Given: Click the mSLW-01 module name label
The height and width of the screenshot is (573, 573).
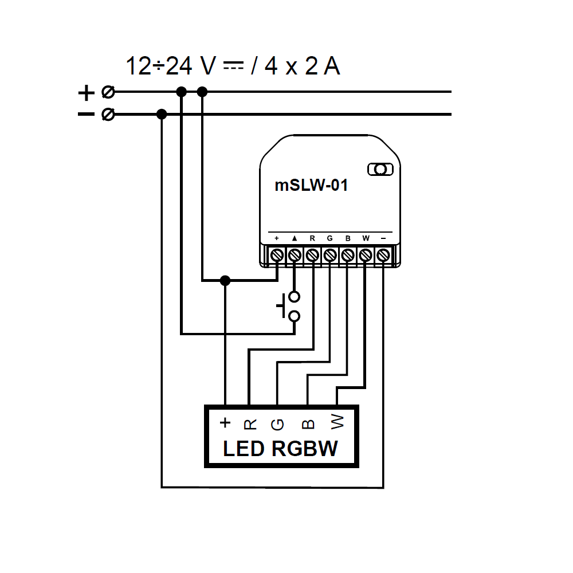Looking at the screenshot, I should point(311,186).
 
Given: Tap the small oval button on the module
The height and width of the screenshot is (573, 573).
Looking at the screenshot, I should point(379,169).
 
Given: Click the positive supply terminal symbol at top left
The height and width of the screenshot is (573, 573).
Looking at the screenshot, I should point(107,92).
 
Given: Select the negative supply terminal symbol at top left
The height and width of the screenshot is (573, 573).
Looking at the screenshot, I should point(107,115).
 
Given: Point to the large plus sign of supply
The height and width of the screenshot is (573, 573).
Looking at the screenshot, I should point(86,92).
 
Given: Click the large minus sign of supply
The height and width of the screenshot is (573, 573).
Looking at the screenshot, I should point(86,115).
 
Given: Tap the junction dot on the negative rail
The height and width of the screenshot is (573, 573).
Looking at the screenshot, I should point(162,115).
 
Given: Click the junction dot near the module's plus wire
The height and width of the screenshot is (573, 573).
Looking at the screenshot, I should point(225,281).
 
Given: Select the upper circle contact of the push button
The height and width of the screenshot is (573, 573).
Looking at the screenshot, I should point(295,297).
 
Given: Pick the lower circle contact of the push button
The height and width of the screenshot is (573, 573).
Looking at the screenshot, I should point(295,316).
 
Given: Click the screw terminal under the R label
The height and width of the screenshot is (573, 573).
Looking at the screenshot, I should point(312,254).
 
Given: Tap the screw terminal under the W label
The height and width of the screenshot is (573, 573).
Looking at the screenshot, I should point(366,254).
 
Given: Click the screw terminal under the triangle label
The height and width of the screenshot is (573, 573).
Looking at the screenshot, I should point(295,254).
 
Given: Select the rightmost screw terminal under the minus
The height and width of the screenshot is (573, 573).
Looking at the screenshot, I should point(383,254).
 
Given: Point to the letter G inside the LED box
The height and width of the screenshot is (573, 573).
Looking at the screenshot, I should point(277,424).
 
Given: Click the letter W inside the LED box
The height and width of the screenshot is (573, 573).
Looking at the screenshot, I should point(337,423).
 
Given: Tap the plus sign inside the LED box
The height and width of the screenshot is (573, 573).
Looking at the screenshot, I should point(225,423).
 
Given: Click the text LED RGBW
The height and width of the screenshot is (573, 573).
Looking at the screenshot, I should point(280,449).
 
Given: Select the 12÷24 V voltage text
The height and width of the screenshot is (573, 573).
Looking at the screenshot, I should point(170,67).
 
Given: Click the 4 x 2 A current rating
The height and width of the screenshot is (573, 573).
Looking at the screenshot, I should point(301,67).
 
